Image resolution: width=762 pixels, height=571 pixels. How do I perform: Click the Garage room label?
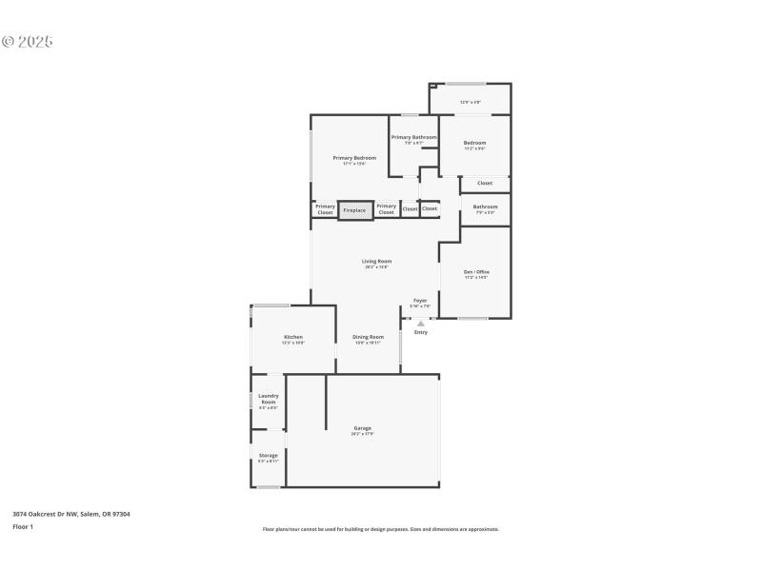pyautogui.click(x=363, y=428)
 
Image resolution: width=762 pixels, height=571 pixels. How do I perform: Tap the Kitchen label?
pyautogui.click(x=292, y=337)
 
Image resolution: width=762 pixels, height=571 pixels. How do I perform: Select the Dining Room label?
pyautogui.click(x=368, y=337)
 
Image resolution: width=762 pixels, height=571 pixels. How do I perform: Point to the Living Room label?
pyautogui.click(x=376, y=261)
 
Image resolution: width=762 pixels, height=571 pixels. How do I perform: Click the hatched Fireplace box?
pyautogui.click(x=354, y=209)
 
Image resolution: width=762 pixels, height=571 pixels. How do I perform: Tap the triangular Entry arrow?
pyautogui.click(x=421, y=324)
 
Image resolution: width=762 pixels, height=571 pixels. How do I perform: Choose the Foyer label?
pyautogui.click(x=420, y=300)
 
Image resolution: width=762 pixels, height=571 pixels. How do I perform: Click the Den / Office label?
pyautogui.click(x=475, y=272)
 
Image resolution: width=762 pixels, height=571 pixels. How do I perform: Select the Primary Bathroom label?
pyautogui.click(x=413, y=137)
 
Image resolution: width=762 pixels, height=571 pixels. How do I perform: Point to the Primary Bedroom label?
pyautogui.click(x=353, y=158)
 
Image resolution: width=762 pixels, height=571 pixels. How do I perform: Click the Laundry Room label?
pyautogui.click(x=268, y=399)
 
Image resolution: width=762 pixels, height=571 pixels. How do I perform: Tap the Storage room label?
pyautogui.click(x=268, y=456)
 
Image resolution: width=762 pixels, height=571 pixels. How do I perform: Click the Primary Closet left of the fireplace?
pyautogui.click(x=325, y=209)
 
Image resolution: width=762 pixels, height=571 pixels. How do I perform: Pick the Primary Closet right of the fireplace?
pyautogui.click(x=386, y=209)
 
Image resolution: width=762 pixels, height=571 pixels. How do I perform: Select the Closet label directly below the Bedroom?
pyautogui.click(x=485, y=183)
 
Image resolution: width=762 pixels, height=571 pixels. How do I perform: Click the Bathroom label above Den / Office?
pyautogui.click(x=485, y=207)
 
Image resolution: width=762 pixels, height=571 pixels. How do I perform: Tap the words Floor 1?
pyautogui.click(x=23, y=526)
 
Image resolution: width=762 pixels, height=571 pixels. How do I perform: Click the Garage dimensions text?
pyautogui.click(x=363, y=434)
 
